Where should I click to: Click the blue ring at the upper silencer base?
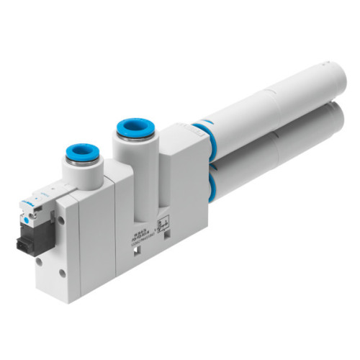pyautogui.click(x=202, y=132)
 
